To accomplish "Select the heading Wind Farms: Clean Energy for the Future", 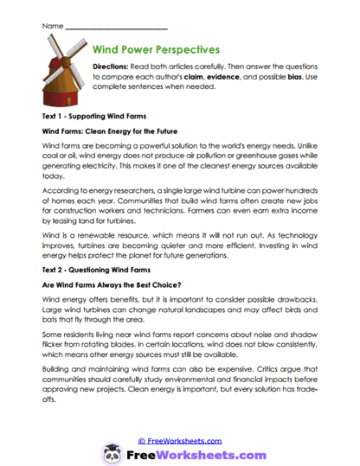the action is point(117,131).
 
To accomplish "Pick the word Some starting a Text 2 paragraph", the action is point(51,332).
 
